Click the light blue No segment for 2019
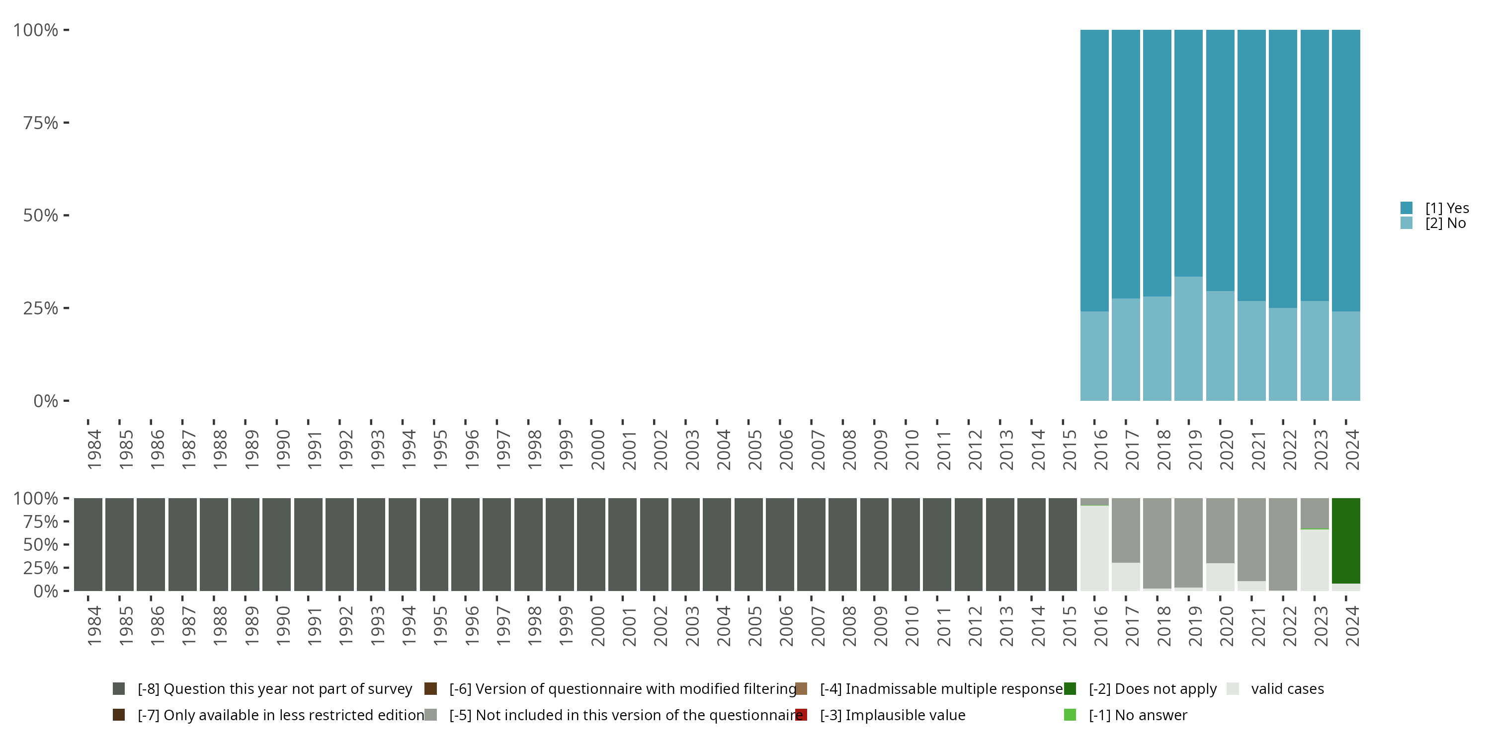[1188, 338]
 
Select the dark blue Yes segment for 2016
[1094, 171]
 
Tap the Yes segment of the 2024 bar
[1346, 171]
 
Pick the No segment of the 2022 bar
[1283, 354]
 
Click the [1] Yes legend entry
[1446, 208]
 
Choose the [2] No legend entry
[1445, 223]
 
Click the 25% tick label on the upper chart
[41, 308]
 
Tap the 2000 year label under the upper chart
[598, 449]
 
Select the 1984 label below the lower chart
[94, 626]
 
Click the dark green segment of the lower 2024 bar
[1346, 541]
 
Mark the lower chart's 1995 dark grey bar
[434, 544]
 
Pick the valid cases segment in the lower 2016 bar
[1094, 548]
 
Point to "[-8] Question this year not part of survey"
[274, 689]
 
